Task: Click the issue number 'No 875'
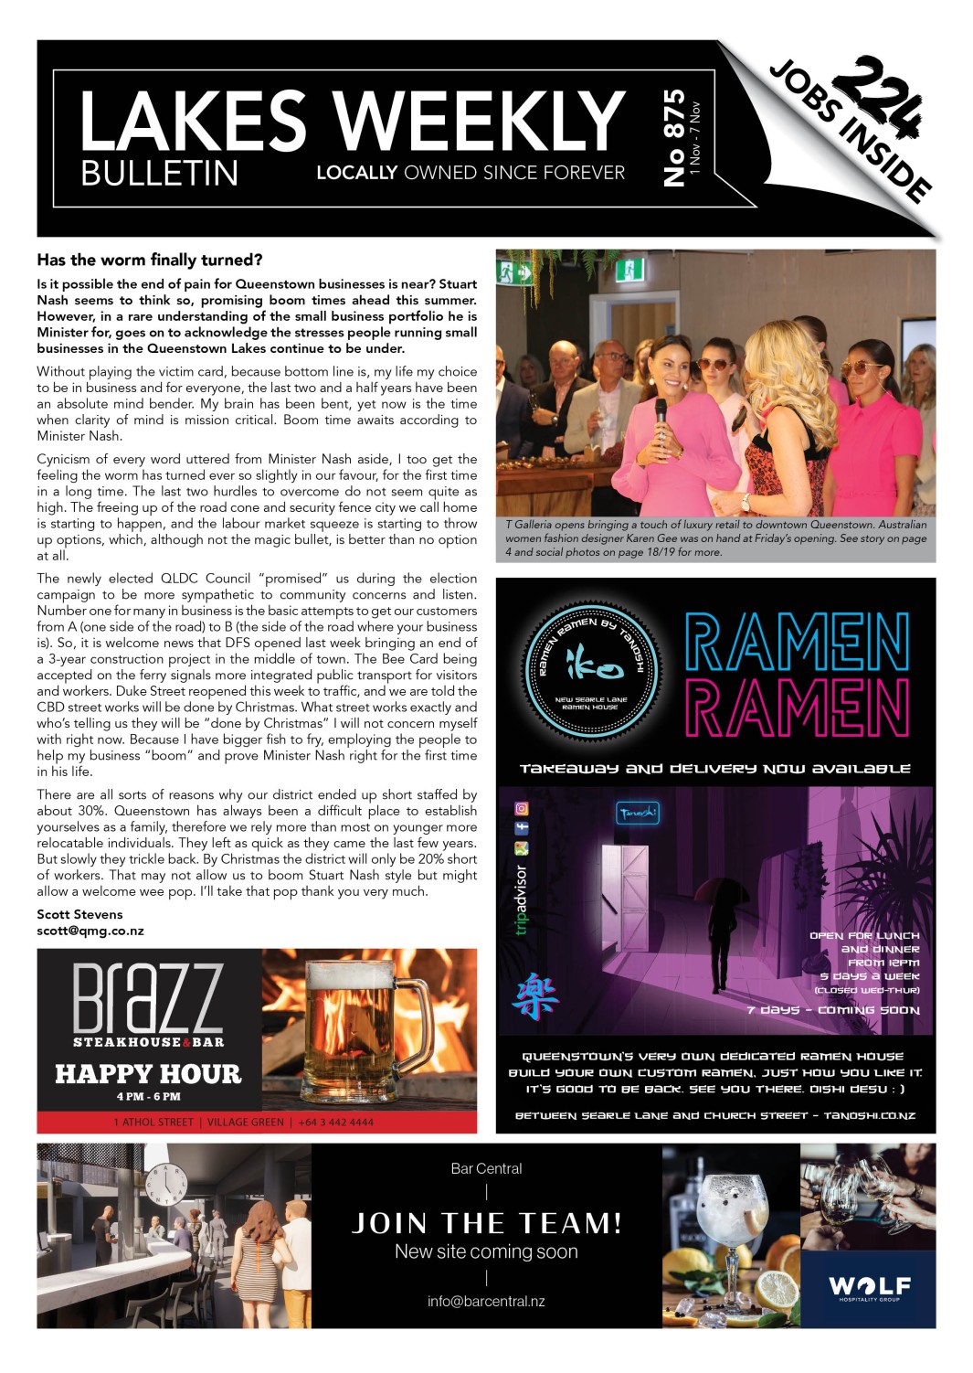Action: pyautogui.click(x=673, y=137)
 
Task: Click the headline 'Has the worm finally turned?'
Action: pyautogui.click(x=150, y=260)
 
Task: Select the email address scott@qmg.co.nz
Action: pyautogui.click(x=90, y=931)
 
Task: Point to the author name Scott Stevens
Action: pyautogui.click(x=79, y=914)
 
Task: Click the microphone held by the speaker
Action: pyautogui.click(x=661, y=410)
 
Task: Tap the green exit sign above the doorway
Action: pyautogui.click(x=508, y=271)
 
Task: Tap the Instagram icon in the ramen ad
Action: pyautogui.click(x=522, y=809)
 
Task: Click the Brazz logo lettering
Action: pyautogui.click(x=148, y=997)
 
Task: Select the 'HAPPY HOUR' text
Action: pyautogui.click(x=148, y=1073)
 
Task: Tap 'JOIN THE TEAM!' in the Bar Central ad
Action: pyautogui.click(x=487, y=1223)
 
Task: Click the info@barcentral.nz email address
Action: pyautogui.click(x=486, y=1301)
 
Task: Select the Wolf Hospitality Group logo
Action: pyautogui.click(x=869, y=1288)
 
